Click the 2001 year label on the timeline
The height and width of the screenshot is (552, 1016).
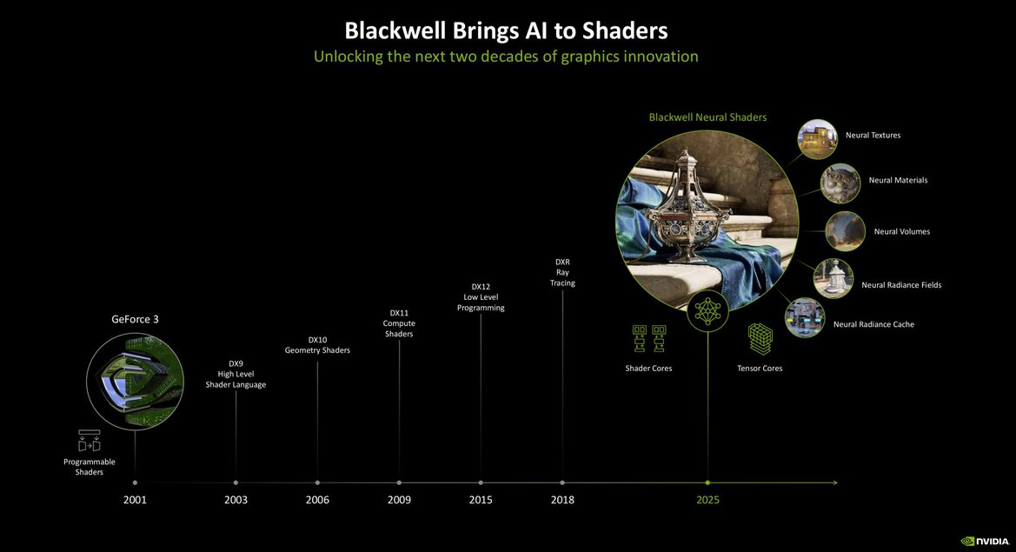coord(135,500)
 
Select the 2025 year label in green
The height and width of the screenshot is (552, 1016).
coord(707,500)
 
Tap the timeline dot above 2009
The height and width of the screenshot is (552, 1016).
coord(399,482)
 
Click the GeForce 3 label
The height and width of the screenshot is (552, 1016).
coord(135,319)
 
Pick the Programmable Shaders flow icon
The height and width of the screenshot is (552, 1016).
coord(89,441)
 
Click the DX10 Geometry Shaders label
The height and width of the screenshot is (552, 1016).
coord(317,345)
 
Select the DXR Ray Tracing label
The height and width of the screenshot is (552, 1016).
coord(562,272)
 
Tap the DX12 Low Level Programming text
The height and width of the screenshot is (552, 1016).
coord(481,296)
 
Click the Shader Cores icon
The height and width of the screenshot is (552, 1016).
coord(648,338)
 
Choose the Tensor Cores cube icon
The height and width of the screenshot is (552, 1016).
coord(760,338)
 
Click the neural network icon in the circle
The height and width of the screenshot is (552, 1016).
coord(707,310)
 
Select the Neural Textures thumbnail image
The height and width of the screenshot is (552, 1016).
coord(817,138)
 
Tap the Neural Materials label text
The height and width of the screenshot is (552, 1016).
coord(898,180)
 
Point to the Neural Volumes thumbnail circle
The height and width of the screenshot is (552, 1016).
coord(845,231)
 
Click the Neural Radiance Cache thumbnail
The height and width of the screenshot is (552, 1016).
coord(804,317)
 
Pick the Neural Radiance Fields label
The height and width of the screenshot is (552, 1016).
coord(901,285)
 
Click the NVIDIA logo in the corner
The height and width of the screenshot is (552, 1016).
coord(984,541)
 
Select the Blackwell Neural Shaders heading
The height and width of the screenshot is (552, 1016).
coord(707,116)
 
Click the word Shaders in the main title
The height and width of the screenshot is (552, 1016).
coord(624,30)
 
